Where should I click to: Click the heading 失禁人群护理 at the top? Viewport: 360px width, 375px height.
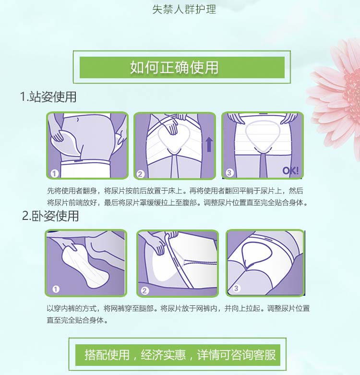click(184, 9)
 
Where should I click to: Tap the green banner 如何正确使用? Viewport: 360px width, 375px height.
click(182, 67)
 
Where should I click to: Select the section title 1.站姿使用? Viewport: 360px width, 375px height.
click(48, 97)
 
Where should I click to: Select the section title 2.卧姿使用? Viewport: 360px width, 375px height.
click(50, 216)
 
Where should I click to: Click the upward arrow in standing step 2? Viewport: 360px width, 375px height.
click(209, 144)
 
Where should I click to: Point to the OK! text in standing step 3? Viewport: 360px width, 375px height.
click(290, 170)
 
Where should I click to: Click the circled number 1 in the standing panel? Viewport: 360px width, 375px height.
click(55, 173)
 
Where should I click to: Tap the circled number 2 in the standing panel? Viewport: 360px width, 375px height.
click(140, 174)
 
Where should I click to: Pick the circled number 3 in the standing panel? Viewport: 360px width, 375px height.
click(229, 172)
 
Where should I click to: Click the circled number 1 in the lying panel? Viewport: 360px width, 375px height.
click(56, 289)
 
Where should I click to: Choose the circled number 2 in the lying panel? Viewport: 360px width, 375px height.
click(144, 290)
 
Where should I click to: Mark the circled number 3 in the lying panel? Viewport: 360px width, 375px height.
click(236, 288)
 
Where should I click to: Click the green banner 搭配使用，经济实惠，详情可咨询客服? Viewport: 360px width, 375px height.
click(178, 355)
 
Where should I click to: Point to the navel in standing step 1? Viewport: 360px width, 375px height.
click(77, 119)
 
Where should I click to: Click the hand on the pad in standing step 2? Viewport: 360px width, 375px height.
click(171, 125)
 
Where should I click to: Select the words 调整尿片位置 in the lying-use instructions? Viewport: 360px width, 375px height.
click(288, 309)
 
